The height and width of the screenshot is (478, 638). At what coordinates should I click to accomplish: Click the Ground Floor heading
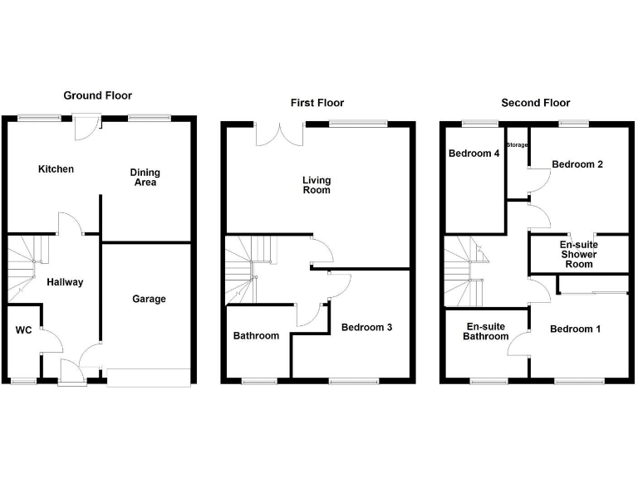coord(98,95)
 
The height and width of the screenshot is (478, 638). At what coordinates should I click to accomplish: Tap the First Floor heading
coord(317,103)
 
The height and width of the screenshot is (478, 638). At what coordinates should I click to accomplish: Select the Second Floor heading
coord(535,103)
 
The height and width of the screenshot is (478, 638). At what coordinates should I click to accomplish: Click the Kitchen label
coord(56,169)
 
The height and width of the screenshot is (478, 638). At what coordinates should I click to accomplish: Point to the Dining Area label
coord(145,178)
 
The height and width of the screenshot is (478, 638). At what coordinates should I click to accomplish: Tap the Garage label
coord(150,299)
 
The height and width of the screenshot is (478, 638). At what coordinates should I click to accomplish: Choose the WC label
coord(23,330)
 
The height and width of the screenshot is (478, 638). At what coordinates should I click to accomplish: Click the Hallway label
coord(65,282)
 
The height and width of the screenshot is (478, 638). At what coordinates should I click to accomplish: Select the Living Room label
coord(316,184)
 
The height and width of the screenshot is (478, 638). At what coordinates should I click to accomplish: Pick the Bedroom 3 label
coord(366,328)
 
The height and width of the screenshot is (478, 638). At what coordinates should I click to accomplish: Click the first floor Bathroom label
coord(256,336)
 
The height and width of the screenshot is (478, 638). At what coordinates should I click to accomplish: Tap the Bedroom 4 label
coord(474,153)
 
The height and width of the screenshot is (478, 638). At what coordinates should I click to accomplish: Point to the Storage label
coord(518,145)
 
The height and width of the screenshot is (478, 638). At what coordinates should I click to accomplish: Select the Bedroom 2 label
coord(577,164)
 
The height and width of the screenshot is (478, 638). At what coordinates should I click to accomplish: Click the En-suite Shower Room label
coord(578,255)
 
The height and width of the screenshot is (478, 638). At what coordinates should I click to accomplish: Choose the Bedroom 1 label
coord(575,329)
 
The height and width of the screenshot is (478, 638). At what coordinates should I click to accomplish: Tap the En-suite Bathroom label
coord(487,331)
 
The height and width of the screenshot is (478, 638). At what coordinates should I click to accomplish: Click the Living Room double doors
coord(280,133)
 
